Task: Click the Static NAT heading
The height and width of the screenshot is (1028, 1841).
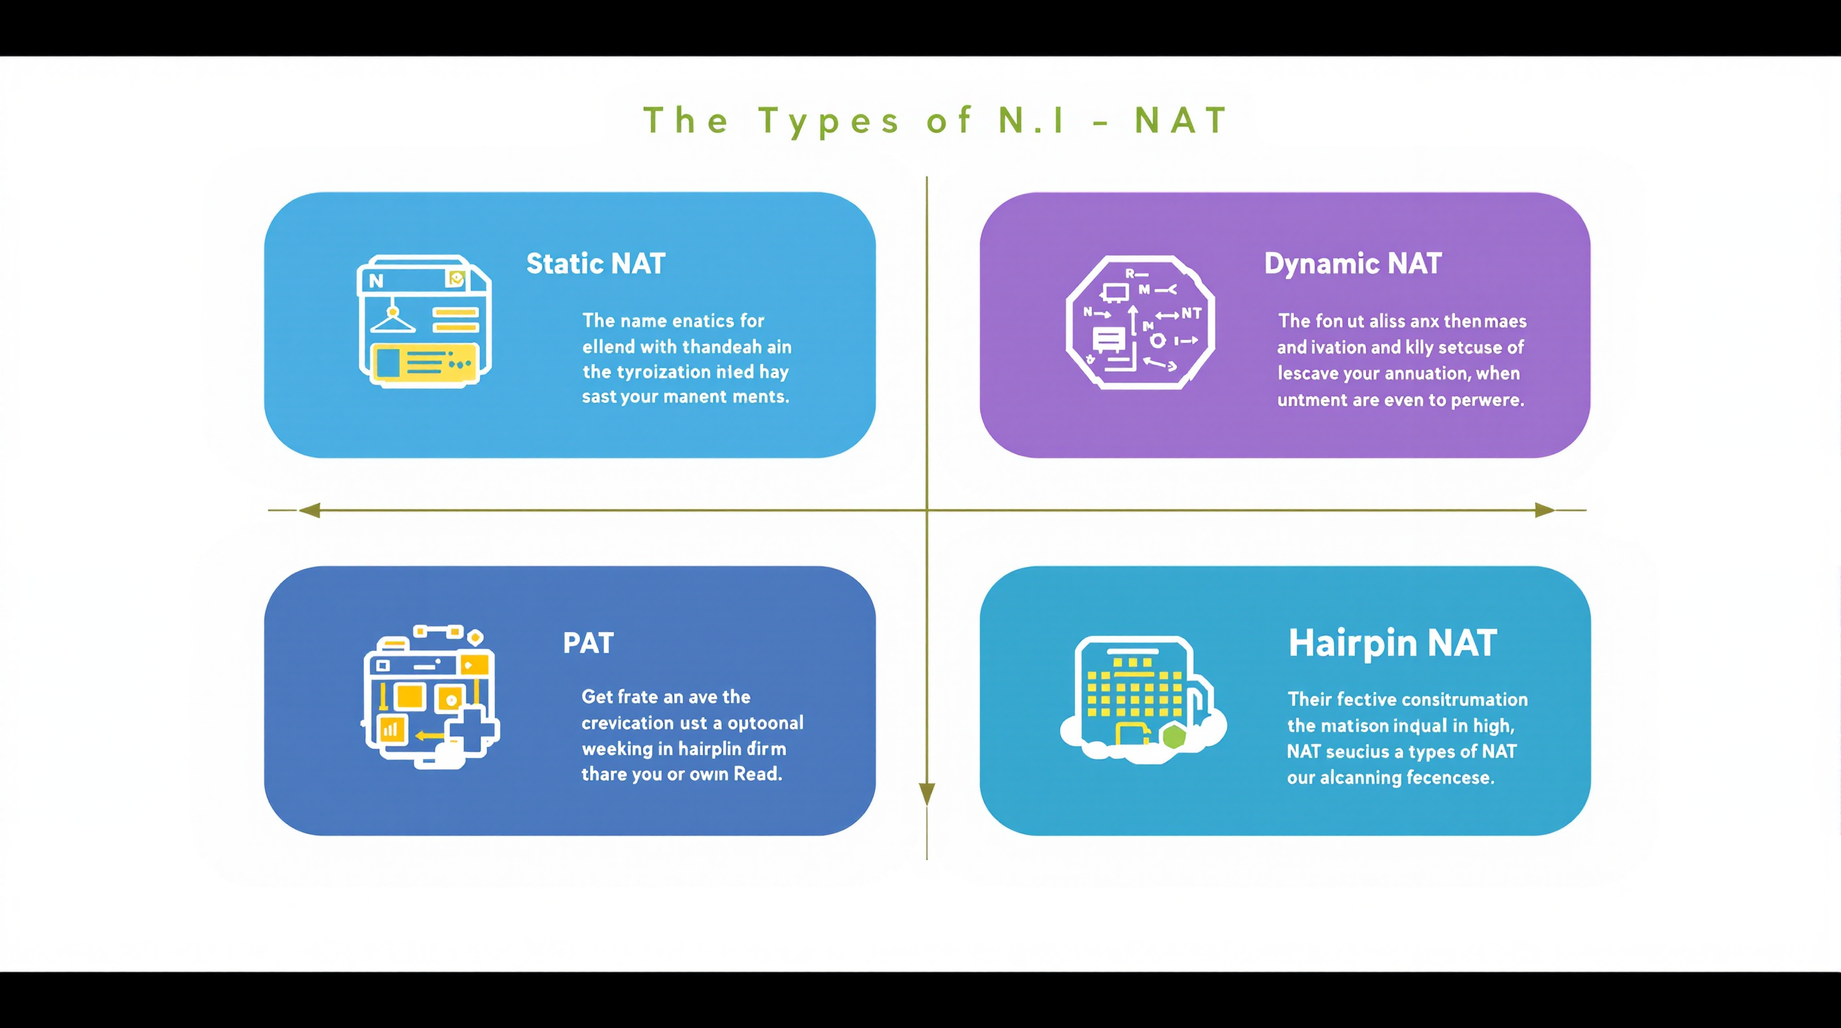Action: tap(595, 264)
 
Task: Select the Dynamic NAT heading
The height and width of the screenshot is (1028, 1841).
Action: tap(1352, 264)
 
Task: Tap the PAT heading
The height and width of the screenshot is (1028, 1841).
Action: tap(587, 643)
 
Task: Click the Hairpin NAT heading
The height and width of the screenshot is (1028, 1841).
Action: tap(1392, 642)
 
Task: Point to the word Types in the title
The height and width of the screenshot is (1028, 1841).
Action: tap(829, 121)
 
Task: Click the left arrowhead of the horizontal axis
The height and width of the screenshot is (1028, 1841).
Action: tap(310, 510)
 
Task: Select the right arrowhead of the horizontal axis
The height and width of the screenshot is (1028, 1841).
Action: tap(1545, 510)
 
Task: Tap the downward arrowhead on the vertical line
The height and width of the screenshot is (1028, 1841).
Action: tap(927, 794)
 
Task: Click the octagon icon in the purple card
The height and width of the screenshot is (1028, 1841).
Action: tap(1140, 323)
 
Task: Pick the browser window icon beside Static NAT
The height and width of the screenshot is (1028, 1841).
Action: tap(425, 321)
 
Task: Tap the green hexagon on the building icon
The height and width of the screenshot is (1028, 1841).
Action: tap(1174, 736)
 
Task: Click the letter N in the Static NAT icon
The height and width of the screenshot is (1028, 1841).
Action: tap(377, 281)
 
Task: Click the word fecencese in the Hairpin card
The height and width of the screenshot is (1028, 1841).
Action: tap(1454, 778)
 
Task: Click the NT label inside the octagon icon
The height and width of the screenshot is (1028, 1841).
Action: tap(1191, 313)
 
